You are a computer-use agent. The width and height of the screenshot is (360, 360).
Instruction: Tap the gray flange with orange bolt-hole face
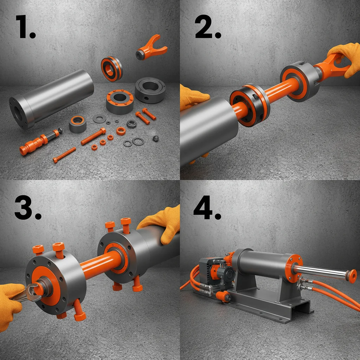(x=120, y=101)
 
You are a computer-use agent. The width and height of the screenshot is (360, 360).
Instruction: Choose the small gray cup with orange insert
(x=78, y=124)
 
